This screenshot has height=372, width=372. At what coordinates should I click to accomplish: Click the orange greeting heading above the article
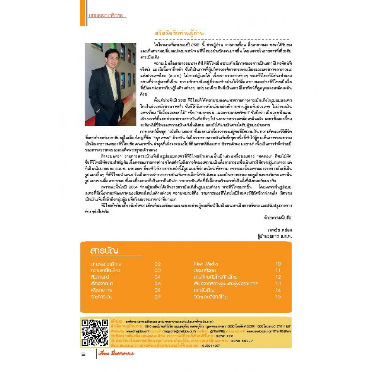pos(179,33)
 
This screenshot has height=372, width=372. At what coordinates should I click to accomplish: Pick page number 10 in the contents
pos(278,264)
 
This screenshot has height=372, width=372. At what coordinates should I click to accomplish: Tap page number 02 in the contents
pos(157,264)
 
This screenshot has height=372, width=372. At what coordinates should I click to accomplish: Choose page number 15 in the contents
pos(278,297)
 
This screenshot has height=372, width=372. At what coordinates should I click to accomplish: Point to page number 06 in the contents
pos(157,283)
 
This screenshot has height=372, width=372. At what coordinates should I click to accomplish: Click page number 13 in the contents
pos(278,283)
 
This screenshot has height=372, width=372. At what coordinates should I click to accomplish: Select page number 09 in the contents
pos(157,297)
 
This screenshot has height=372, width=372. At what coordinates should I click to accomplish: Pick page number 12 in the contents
pos(278,277)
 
